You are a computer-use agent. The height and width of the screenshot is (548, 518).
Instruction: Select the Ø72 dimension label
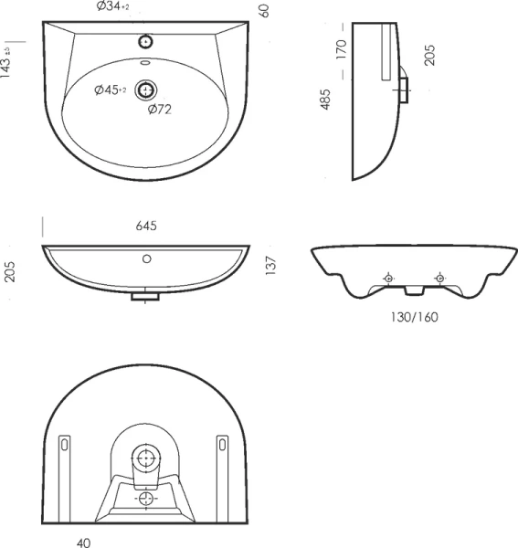click(160, 110)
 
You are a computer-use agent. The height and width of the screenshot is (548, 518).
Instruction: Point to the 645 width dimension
click(146, 226)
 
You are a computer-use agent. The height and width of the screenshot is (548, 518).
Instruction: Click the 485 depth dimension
click(325, 100)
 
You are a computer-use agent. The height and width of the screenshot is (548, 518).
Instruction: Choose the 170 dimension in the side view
click(341, 49)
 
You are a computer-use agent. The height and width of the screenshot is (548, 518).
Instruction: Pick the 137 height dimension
click(271, 266)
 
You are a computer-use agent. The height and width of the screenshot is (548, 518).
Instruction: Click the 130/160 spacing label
click(414, 317)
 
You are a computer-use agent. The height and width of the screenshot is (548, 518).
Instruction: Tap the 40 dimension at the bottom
click(83, 543)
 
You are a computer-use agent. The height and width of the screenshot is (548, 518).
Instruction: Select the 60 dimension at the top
click(265, 11)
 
